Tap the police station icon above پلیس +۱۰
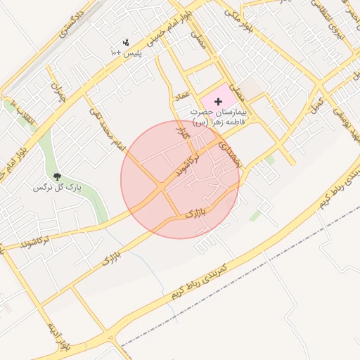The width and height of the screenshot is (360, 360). click(126, 42)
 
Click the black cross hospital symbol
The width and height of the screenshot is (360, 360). click(217, 102)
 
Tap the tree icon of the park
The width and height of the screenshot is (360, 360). click(56, 176)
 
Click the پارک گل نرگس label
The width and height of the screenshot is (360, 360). click(59, 188)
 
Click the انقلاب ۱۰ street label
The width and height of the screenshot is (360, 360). click(19, 112)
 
